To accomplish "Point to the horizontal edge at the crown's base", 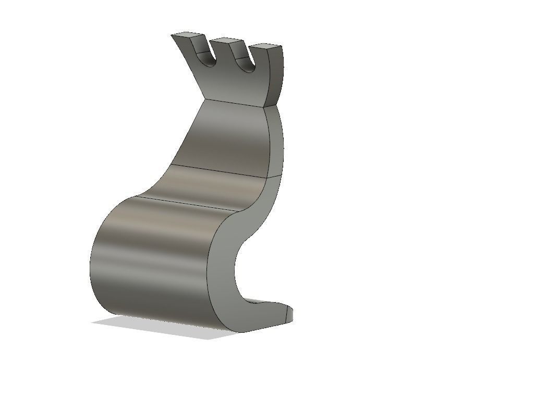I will click(235, 103).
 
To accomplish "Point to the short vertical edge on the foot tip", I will click(286, 314).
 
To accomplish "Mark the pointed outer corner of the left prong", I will click(172, 35).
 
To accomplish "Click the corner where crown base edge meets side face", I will click(266, 107).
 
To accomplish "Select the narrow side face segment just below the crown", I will click(275, 141).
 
